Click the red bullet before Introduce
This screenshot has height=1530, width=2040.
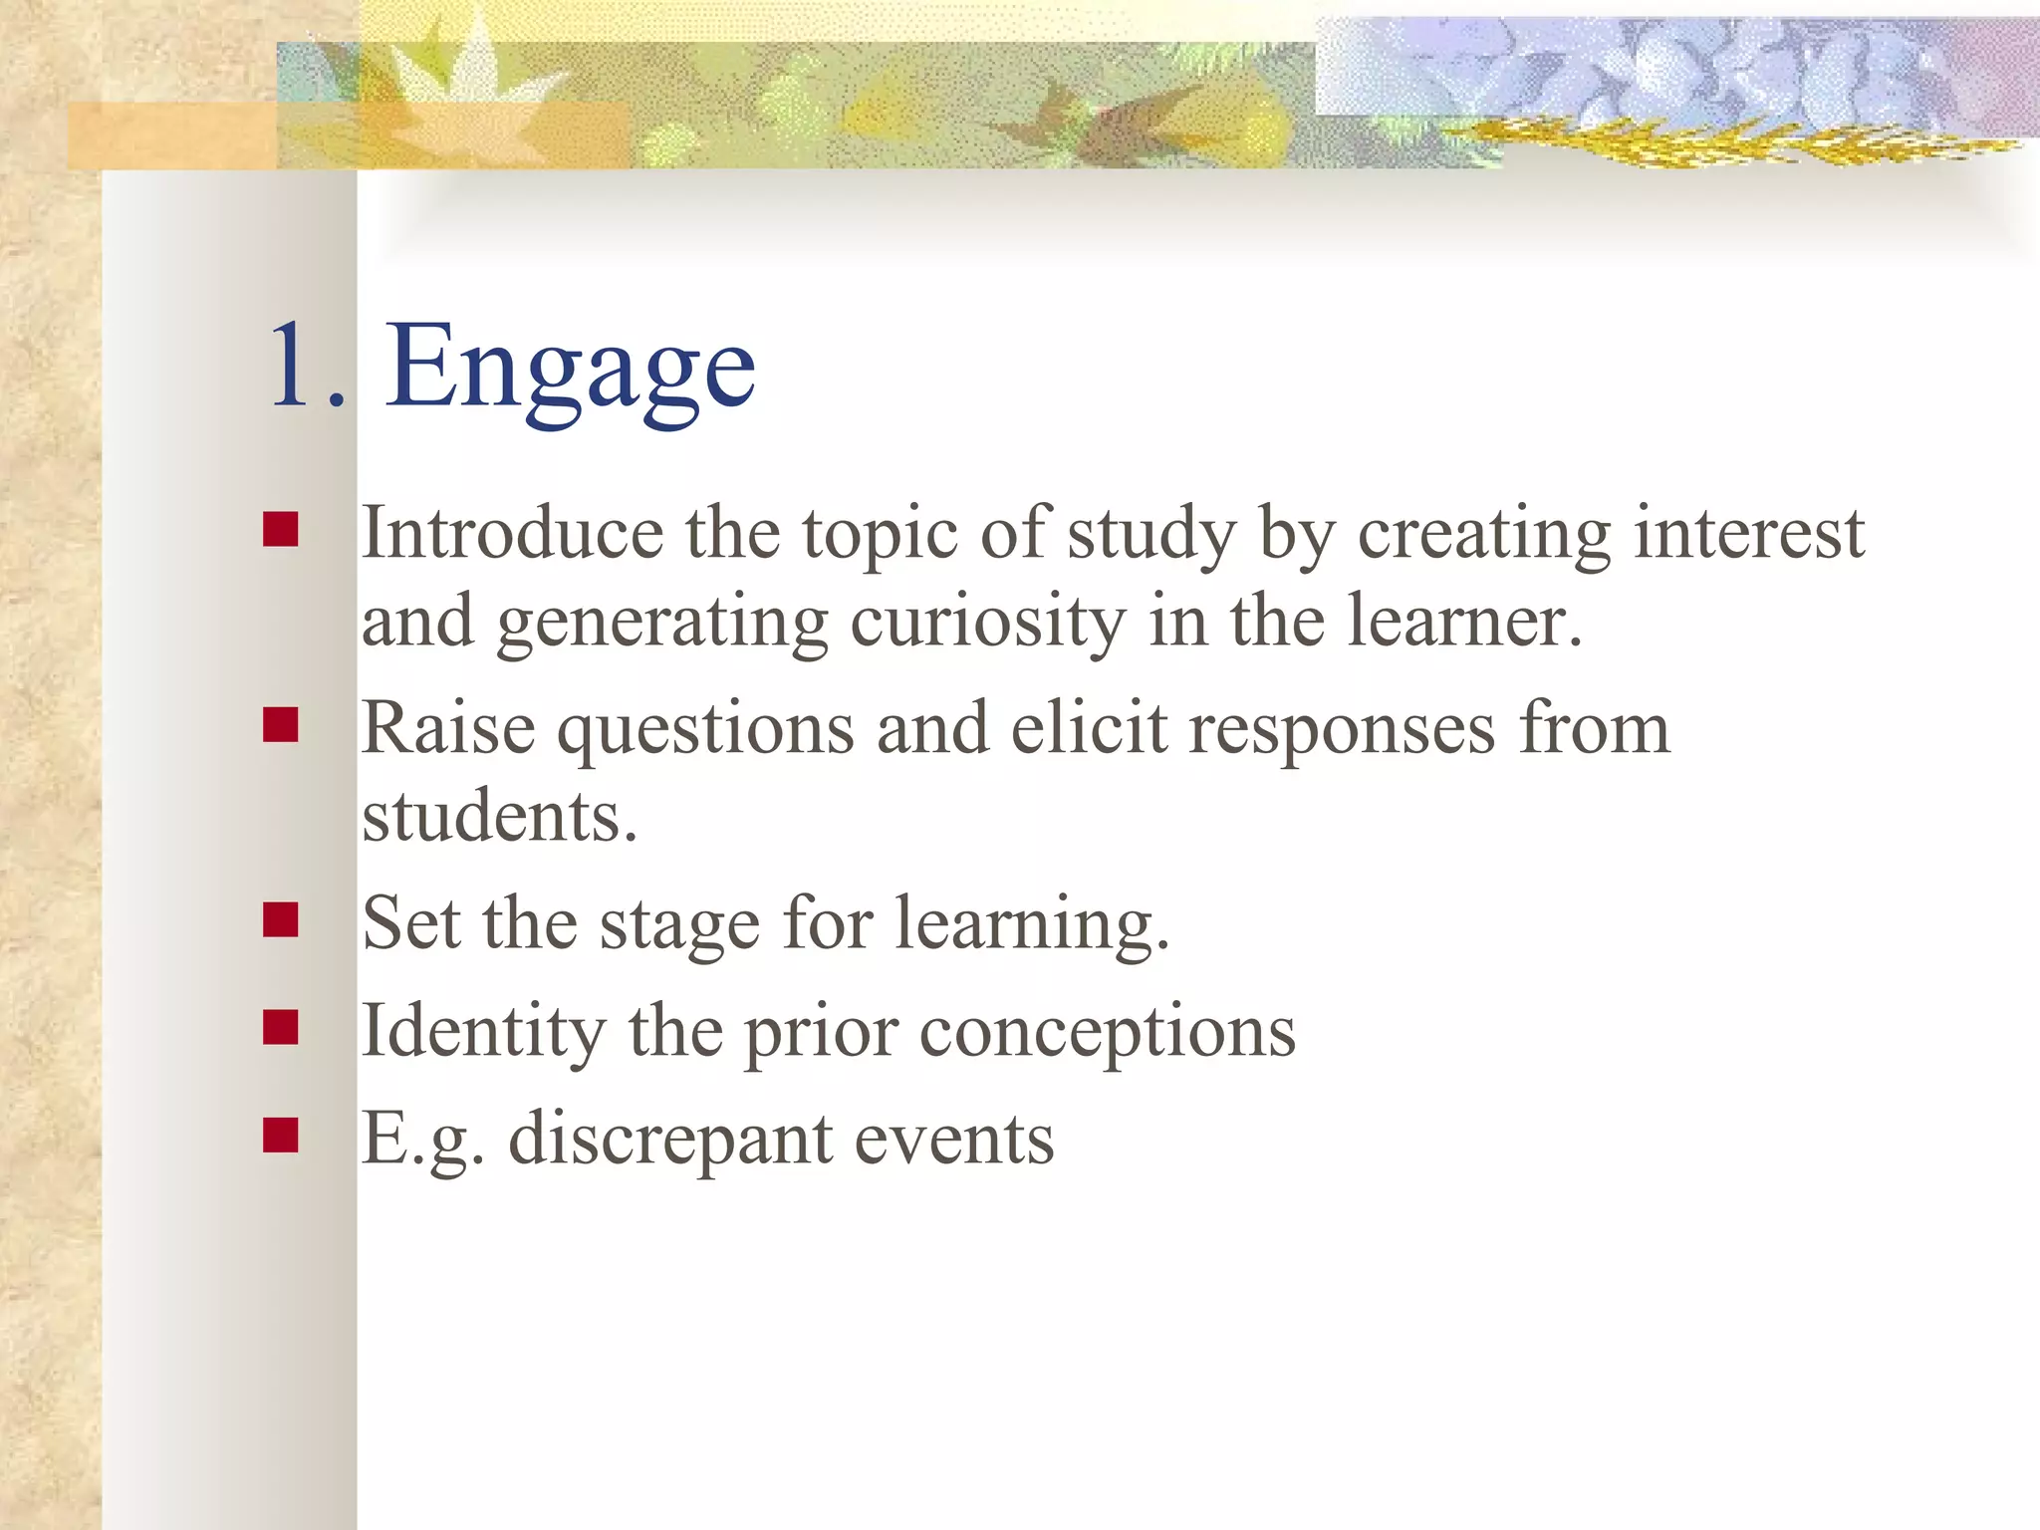(281, 530)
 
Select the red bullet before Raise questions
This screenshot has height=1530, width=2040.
(281, 725)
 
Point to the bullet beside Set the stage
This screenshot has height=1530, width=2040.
(281, 920)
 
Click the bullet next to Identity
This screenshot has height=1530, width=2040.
(281, 1027)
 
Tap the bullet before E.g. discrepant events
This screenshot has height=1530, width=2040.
(281, 1135)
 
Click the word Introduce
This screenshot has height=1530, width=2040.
(512, 534)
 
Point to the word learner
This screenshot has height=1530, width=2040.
(1462, 622)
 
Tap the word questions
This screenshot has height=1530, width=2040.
(704, 731)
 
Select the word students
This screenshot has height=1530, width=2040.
(498, 817)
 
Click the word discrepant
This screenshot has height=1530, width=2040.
(669, 1141)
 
